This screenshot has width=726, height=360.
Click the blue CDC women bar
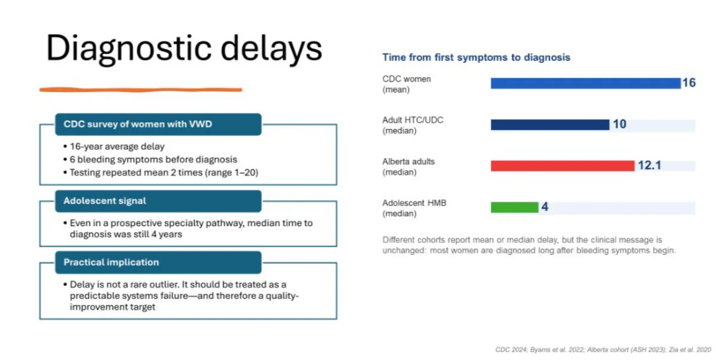pos(586,83)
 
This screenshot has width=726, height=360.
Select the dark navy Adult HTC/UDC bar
pos(550,125)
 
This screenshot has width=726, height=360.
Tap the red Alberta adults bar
pos(562,166)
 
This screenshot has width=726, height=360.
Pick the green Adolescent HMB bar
pos(515,207)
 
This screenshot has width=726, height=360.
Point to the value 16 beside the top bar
pos(689,83)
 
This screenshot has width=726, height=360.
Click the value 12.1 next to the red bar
pos(650,165)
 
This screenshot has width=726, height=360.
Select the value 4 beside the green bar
pos(545,207)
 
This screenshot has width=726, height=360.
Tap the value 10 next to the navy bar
pos(620,124)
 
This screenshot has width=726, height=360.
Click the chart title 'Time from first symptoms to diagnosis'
pos(476,57)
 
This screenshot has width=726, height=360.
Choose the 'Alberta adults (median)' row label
pos(408,167)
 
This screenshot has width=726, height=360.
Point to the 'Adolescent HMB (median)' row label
pos(414,208)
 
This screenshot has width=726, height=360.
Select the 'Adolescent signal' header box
pos(158,201)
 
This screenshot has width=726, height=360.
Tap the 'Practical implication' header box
pos(158,262)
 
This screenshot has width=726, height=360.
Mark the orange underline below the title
pos(141,90)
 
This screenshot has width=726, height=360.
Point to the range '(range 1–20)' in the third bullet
pos(232,173)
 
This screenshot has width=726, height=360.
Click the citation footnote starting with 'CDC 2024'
pos(603,350)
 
